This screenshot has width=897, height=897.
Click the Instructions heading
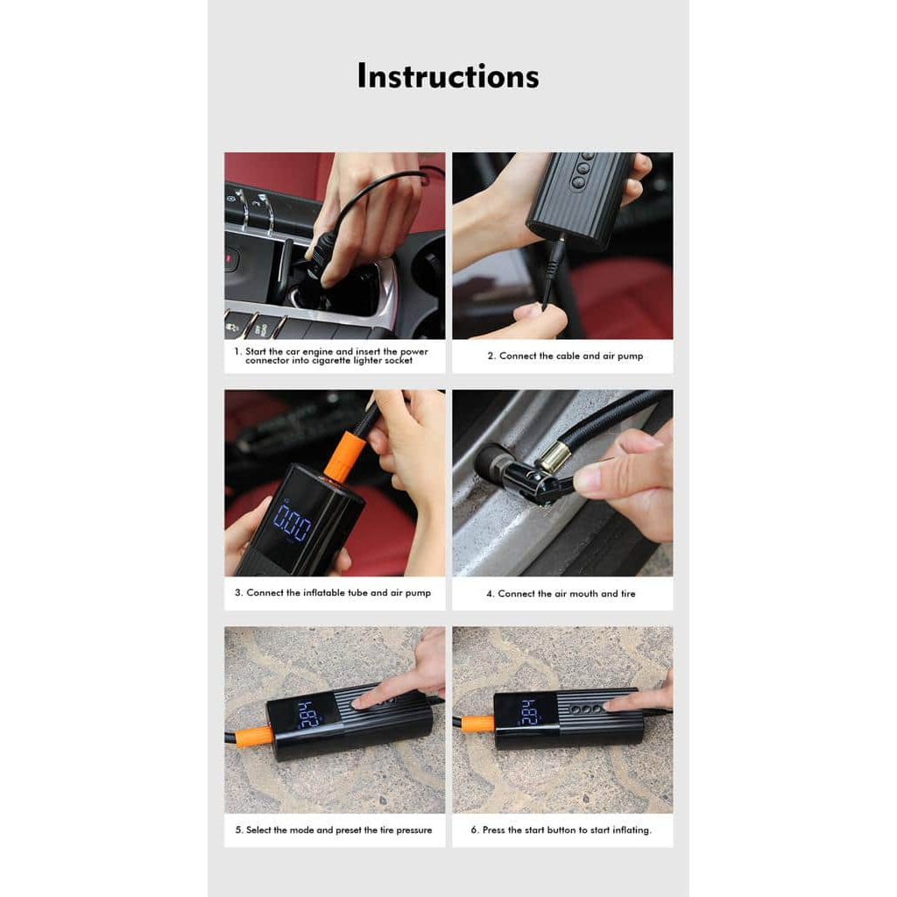[x=448, y=76]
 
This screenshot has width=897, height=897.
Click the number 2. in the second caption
[x=491, y=356]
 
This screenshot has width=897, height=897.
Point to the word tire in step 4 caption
[x=628, y=594]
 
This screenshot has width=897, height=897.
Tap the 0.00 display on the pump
[x=292, y=521]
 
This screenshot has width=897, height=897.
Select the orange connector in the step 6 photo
[x=479, y=724]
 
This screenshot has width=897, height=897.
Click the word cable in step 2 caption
[x=568, y=356]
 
